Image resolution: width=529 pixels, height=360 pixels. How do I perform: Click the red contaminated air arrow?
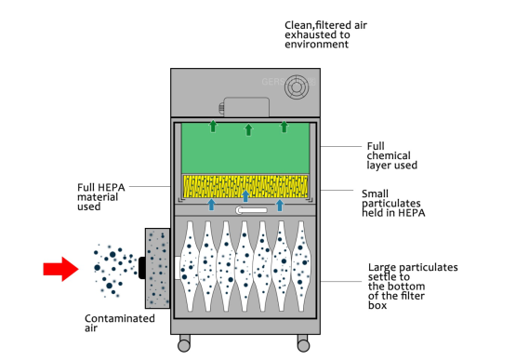[x=60, y=269]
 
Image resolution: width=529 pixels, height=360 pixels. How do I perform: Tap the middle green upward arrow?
[x=248, y=129]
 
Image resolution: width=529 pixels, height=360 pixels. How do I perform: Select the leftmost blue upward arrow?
[x=212, y=205]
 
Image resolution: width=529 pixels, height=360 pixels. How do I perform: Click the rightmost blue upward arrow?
[x=280, y=205]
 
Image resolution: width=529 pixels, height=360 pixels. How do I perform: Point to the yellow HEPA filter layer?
[x=245, y=186]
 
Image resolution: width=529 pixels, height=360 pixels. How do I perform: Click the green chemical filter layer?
[x=245, y=148]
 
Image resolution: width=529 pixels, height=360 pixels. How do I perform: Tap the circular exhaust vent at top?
[x=297, y=87]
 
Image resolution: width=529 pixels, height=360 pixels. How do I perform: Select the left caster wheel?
[x=184, y=345]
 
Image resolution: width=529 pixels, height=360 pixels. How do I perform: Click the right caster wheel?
[x=303, y=345]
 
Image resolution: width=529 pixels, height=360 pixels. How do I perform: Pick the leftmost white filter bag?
[x=190, y=266]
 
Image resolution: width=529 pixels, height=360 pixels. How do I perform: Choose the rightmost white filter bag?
[x=301, y=266]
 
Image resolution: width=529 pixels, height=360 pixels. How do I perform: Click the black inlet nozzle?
[x=142, y=268]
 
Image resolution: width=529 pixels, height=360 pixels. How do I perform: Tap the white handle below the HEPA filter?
[x=252, y=210]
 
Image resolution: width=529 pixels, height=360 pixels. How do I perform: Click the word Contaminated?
[x=120, y=318]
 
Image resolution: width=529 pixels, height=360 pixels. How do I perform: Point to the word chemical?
[x=389, y=155]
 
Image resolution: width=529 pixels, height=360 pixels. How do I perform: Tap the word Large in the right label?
[x=382, y=268]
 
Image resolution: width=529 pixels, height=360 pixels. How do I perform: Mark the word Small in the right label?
[x=376, y=193]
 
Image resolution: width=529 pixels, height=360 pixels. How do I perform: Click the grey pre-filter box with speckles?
[x=157, y=268]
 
